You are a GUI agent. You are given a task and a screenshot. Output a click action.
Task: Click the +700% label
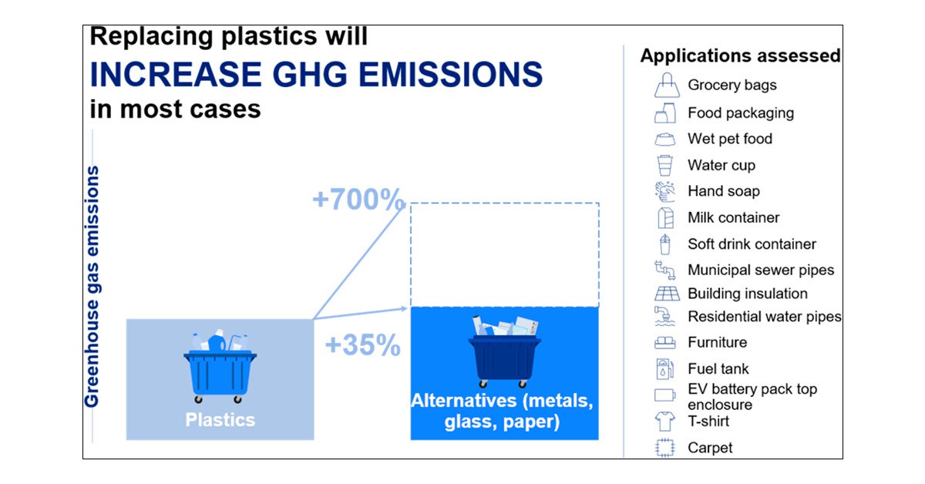[358, 199]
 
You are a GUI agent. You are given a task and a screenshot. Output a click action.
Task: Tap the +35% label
[362, 345]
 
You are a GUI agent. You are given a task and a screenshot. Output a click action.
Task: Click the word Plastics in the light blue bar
[220, 419]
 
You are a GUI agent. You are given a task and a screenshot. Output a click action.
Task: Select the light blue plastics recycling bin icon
[220, 366]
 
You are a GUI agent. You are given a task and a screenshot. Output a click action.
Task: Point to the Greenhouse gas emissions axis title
[92, 286]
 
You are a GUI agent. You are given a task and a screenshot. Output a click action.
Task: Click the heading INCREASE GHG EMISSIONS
[316, 74]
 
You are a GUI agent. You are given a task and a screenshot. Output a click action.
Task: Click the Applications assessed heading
[741, 55]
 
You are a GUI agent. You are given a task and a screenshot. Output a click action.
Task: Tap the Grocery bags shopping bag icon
[667, 85]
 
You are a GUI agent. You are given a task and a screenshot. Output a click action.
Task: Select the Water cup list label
[721, 165]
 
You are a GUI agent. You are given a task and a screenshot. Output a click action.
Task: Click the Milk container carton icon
[666, 217]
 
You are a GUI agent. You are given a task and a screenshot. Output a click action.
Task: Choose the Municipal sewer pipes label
[761, 270]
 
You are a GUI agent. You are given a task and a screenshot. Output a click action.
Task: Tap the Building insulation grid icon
[667, 294]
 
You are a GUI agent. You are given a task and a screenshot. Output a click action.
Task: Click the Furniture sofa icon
[664, 343]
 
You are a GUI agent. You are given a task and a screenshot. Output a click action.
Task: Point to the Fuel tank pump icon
[664, 369]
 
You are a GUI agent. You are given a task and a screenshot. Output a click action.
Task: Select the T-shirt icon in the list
[664, 422]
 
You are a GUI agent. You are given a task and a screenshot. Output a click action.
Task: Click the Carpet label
[710, 448]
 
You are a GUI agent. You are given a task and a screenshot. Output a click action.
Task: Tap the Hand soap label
[724, 191]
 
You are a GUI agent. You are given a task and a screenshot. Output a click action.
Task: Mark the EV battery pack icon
[664, 395]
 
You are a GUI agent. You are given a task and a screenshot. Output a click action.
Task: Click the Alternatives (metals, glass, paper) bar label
[502, 411]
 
